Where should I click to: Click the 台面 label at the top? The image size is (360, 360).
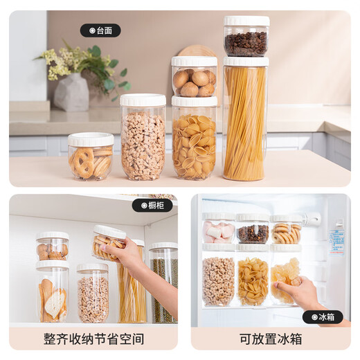coord(100,30)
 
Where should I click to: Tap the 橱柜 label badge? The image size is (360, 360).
coord(152,206)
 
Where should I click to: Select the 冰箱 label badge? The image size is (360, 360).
coord(323,317)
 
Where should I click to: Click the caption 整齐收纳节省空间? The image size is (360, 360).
coord(93,339)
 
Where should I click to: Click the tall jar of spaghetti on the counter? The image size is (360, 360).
coord(245,121)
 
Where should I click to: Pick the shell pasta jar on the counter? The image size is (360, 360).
coord(194,142)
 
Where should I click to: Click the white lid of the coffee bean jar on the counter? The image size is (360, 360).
coord(246,21)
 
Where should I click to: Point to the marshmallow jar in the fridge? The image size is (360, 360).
coord(218,230)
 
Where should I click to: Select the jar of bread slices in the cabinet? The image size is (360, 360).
coord(53,294)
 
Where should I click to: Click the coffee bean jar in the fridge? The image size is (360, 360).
coord(253,231)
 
